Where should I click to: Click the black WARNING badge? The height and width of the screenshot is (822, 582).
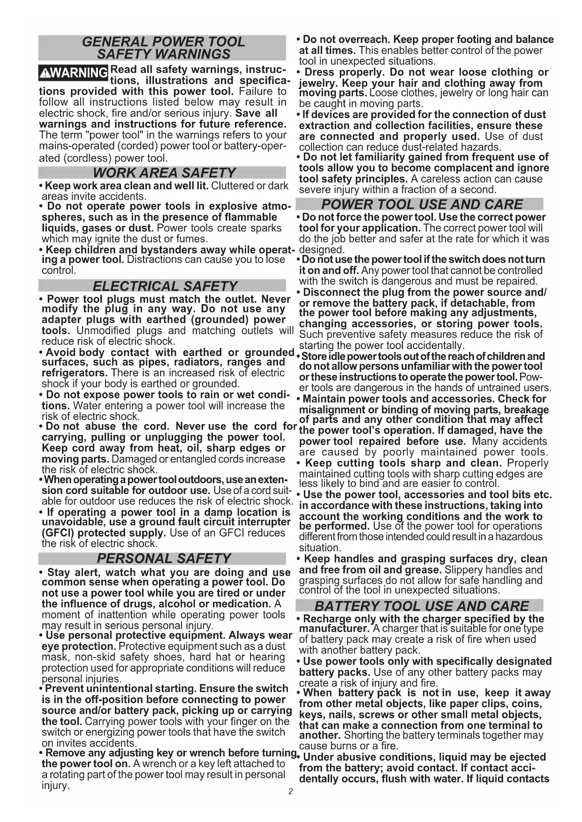73,73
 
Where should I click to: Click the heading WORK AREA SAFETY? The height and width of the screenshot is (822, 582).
164,173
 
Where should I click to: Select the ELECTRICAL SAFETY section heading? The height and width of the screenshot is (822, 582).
165,286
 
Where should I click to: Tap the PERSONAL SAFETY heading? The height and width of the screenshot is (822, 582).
164,559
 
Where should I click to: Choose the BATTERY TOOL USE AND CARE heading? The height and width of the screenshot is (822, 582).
421,606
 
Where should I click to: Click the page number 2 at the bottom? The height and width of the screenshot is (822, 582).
291,792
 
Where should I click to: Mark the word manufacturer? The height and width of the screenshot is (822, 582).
334,628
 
